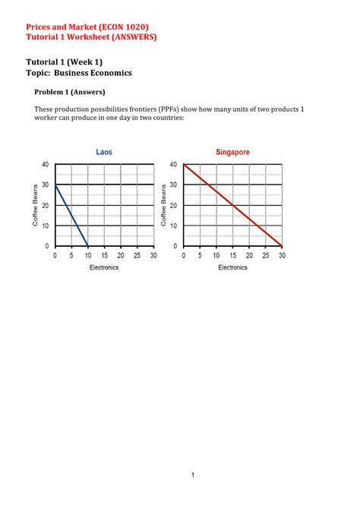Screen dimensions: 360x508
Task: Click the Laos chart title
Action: click(x=104, y=153)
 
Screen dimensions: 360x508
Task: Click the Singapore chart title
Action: click(x=232, y=153)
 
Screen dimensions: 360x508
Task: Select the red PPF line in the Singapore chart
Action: click(x=232, y=205)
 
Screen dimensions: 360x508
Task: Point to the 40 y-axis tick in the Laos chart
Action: click(x=44, y=165)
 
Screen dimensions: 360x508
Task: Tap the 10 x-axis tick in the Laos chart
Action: click(x=87, y=256)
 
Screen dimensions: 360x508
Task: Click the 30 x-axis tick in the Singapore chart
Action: click(x=281, y=256)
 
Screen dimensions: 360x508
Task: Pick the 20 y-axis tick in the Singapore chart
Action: click(x=174, y=206)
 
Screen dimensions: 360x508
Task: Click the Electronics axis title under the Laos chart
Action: click(x=104, y=268)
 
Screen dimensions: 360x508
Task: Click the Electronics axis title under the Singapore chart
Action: click(x=232, y=268)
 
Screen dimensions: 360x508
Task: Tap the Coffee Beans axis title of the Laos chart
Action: click(x=35, y=205)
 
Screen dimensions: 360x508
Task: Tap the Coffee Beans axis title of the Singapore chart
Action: click(x=163, y=205)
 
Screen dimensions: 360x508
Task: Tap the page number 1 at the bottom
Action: click(x=194, y=475)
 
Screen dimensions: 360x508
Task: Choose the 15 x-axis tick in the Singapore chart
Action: click(x=232, y=256)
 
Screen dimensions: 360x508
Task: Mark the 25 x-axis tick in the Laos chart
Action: click(x=137, y=256)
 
